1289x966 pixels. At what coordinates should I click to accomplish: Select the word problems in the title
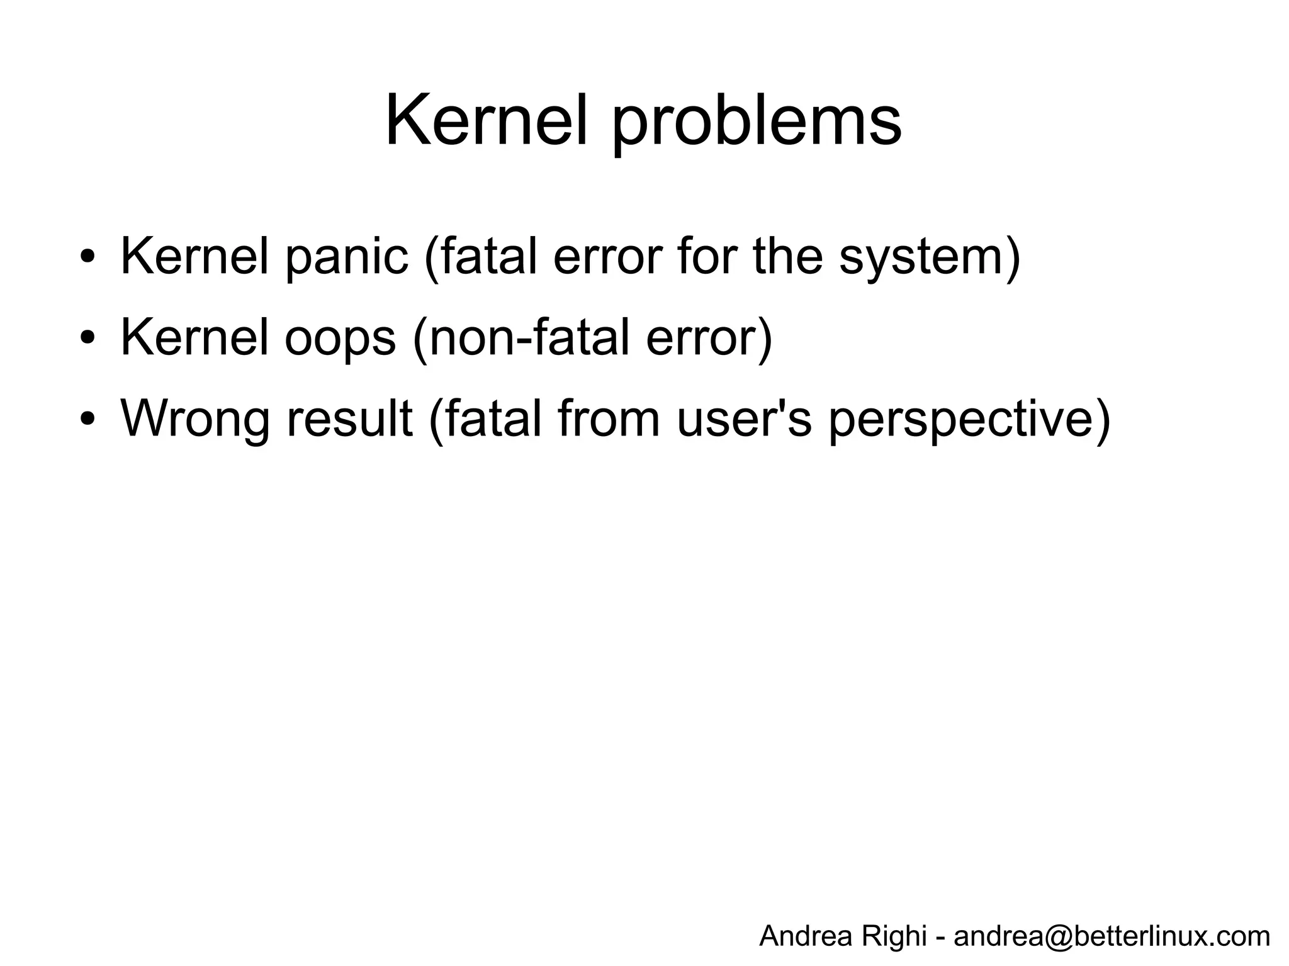tap(757, 123)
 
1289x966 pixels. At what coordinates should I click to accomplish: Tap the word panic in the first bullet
tap(347, 257)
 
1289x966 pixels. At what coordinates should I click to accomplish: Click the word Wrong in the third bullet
tap(195, 419)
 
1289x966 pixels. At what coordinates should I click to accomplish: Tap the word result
tap(350, 418)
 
